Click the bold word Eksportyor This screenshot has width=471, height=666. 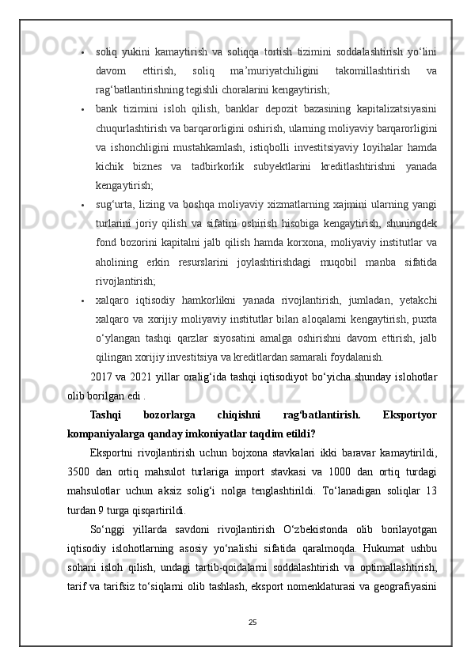(408, 414)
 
